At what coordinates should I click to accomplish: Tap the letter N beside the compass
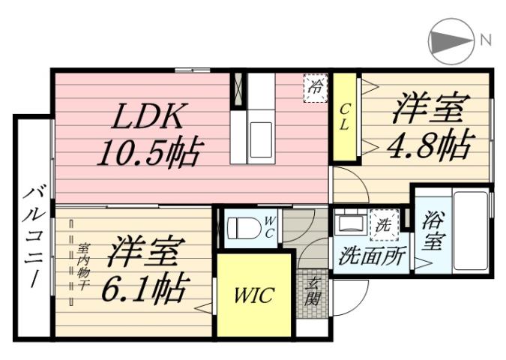point(486,40)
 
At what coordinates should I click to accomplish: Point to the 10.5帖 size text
point(150,153)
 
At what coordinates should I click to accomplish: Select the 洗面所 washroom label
point(371,256)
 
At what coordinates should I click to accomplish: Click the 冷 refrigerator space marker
point(315,86)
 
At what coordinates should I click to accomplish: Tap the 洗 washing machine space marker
point(383,223)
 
